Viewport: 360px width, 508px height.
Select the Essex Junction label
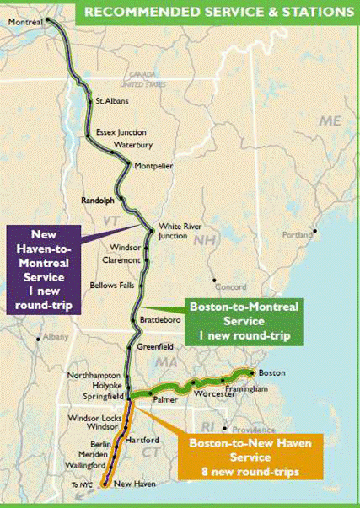coord(121,132)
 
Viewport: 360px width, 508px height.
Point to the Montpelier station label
coord(153,166)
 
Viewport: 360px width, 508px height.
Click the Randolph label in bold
coord(96,201)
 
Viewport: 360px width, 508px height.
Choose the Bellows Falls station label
coord(112,285)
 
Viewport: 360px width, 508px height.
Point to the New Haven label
coord(134,484)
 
